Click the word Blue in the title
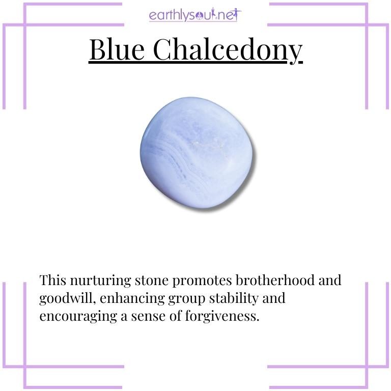[117, 50]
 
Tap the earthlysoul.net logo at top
[195, 15]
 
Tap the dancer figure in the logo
[237, 14]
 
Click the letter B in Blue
[97, 50]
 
